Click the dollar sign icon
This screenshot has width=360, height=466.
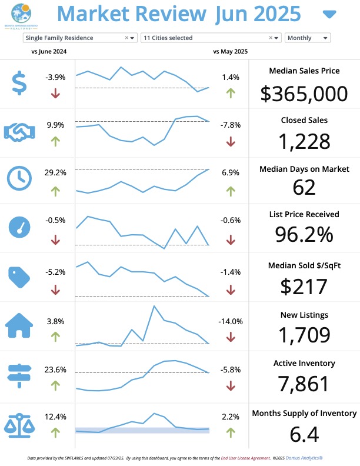20,83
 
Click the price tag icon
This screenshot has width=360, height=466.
20,275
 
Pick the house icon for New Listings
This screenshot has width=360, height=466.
20,325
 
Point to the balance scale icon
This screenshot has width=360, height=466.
20,423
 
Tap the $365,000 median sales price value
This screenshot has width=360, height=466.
304,94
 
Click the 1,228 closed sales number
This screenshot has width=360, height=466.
304,142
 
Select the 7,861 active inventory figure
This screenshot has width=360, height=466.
304,384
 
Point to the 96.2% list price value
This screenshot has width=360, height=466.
304,234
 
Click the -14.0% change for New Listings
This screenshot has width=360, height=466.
231,321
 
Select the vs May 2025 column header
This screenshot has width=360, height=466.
231,52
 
